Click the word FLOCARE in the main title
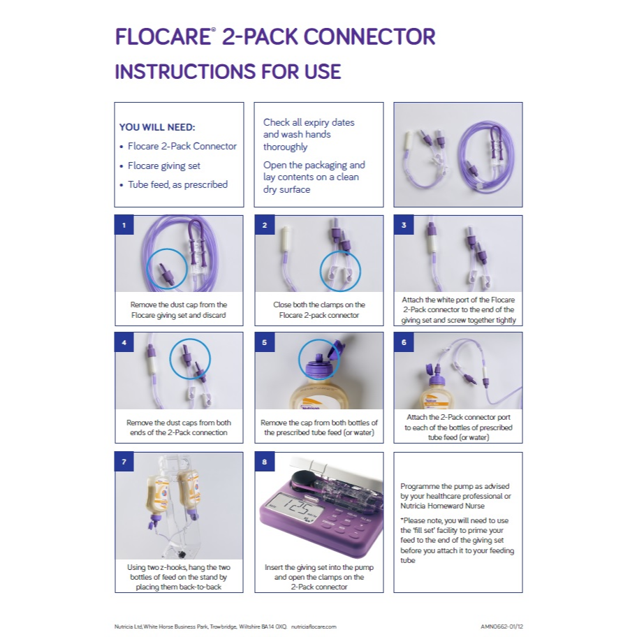point(161,36)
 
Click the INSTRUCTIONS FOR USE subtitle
point(228,71)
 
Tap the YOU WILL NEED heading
point(157,127)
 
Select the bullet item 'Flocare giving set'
point(164,166)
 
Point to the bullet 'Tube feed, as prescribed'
point(177,184)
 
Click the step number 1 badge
point(124,225)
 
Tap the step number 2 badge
point(264,225)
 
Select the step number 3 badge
point(404,225)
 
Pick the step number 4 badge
point(124,342)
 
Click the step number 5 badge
point(264,342)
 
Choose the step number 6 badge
point(404,342)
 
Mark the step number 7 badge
point(124,462)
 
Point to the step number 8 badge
point(264,462)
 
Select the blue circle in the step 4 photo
point(190,359)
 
